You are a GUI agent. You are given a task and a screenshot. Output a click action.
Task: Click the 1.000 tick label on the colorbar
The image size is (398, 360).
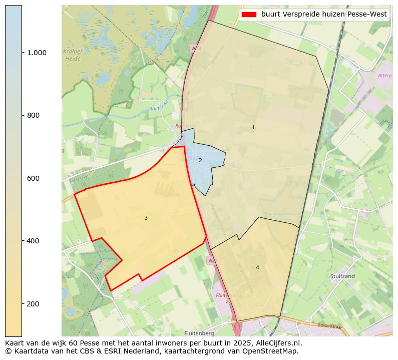point(36,53)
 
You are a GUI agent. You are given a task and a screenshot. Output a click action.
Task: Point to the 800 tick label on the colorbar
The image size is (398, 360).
point(33,115)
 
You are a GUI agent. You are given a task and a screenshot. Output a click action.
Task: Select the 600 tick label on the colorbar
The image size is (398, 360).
point(33,178)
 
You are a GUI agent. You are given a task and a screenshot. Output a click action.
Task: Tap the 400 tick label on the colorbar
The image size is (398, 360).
point(33,241)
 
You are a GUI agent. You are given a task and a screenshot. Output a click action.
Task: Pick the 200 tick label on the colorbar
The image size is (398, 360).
point(33,304)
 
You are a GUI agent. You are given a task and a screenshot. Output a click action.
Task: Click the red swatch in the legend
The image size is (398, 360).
point(248,15)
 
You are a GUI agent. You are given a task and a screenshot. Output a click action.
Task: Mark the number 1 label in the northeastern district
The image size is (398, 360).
point(253,128)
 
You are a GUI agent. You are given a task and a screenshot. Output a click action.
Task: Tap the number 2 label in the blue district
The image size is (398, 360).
point(200,161)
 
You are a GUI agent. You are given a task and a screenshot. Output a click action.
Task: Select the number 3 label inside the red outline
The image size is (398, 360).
point(146,218)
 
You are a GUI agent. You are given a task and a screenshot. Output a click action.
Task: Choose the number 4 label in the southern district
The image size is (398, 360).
point(257,268)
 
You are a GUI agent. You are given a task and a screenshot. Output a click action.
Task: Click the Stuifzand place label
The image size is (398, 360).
point(342,276)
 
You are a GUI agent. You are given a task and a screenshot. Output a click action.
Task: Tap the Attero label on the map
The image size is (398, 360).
point(384,76)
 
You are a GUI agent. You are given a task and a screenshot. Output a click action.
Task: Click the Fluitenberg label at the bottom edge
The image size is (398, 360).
point(199,333)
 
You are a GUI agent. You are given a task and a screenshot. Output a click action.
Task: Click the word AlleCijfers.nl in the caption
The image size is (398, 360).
point(277,343)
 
